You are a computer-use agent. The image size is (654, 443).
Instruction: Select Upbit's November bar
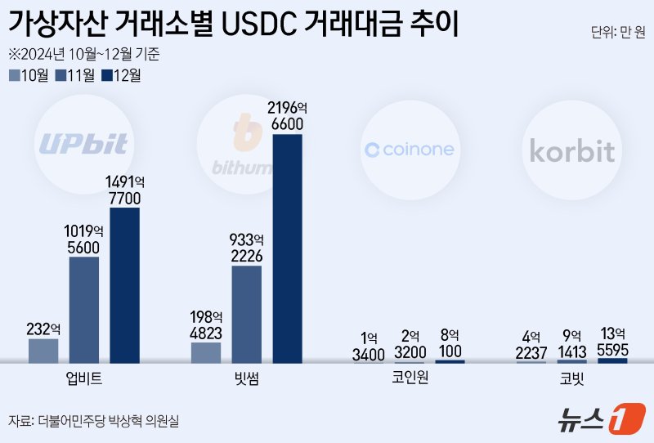pos(83,310)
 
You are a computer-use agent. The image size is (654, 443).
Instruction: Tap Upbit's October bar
pos(43,351)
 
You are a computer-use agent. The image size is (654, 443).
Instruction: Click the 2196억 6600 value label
pos(287,117)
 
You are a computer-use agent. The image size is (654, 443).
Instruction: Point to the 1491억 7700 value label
pos(124,190)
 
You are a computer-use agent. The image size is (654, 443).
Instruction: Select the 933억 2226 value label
pos(246,248)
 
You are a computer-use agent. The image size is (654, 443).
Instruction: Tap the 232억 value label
pos(43,329)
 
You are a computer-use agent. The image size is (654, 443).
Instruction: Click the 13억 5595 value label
pos(612,342)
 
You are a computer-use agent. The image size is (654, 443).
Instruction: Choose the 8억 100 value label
pos(450,342)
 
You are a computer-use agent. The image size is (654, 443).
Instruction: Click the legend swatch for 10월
pos(15,76)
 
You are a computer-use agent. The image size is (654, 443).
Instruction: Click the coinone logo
pos(409,150)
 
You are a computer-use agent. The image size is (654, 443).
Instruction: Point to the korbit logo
pos(571,150)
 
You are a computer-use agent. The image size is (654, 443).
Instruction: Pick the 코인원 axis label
pos(410,378)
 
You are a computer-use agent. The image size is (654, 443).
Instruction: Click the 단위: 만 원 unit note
pos(617,34)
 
